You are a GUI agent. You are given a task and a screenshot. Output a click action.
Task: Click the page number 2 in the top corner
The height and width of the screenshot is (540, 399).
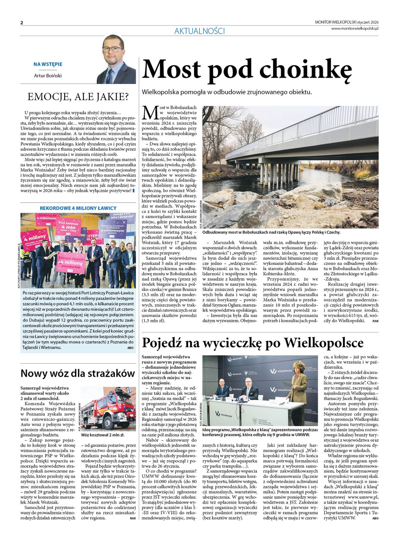pyautogui.click(x=22, y=23)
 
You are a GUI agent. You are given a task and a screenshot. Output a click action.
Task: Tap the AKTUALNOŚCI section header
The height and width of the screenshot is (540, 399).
pyautogui.click(x=199, y=31)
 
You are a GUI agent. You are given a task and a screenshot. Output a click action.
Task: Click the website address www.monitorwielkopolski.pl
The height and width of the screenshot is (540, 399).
pyautogui.click(x=355, y=28)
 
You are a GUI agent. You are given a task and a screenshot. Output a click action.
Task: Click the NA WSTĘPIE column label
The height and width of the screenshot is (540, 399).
pyautogui.click(x=48, y=64)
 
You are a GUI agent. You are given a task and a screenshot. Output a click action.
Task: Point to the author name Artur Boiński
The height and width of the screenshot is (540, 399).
pyautogui.click(x=48, y=76)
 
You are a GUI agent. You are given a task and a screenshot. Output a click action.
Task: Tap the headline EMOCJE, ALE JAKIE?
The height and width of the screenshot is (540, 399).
pyautogui.click(x=78, y=97)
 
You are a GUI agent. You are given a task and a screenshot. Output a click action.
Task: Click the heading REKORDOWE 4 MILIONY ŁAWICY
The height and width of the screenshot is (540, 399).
pyautogui.click(x=78, y=208)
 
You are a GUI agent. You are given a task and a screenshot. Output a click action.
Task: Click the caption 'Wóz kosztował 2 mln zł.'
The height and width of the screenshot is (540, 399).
pyautogui.click(x=103, y=435)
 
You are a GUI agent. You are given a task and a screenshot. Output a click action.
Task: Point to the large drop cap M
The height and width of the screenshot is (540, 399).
pyautogui.click(x=150, y=113)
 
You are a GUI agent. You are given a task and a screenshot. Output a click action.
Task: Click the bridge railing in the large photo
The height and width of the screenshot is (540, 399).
pyautogui.click(x=298, y=129)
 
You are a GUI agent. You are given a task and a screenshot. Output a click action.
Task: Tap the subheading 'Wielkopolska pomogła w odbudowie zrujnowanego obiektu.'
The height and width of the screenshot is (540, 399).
pyautogui.click(x=227, y=92)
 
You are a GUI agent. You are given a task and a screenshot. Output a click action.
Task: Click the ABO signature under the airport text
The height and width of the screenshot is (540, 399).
pyautogui.click(x=130, y=348)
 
